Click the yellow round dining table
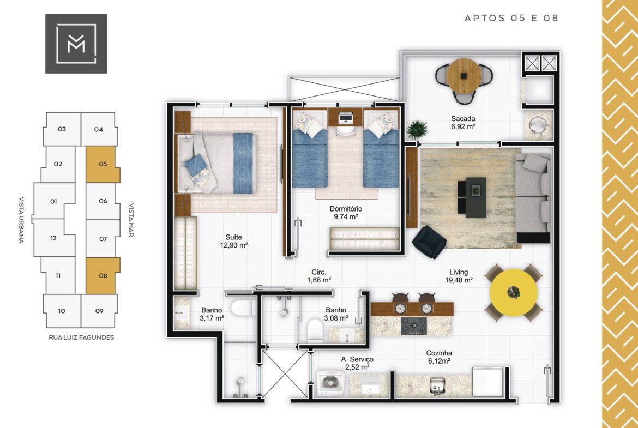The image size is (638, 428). [x=513, y=292]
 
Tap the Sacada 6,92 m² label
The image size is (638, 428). [x=463, y=123]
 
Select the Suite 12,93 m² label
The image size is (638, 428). [x=233, y=241]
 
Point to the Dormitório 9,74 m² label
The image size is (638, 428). [x=346, y=213]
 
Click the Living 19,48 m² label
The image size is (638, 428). [x=459, y=276]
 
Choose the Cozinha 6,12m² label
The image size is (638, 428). [x=439, y=357]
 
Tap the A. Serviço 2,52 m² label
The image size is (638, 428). [x=357, y=363]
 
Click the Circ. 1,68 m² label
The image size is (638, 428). [x=318, y=276]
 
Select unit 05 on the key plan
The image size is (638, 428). [x=103, y=164]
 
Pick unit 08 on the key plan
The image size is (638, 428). [x=103, y=276]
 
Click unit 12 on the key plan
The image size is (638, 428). [x=53, y=238]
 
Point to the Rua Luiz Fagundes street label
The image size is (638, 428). [x=81, y=337]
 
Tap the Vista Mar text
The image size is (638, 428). [x=131, y=220]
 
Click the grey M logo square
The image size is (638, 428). [x=76, y=44]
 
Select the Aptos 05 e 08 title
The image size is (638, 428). [x=511, y=18]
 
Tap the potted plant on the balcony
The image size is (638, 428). [x=417, y=130]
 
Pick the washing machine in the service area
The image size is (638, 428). [x=330, y=382]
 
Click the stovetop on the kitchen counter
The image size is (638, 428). [x=414, y=326]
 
